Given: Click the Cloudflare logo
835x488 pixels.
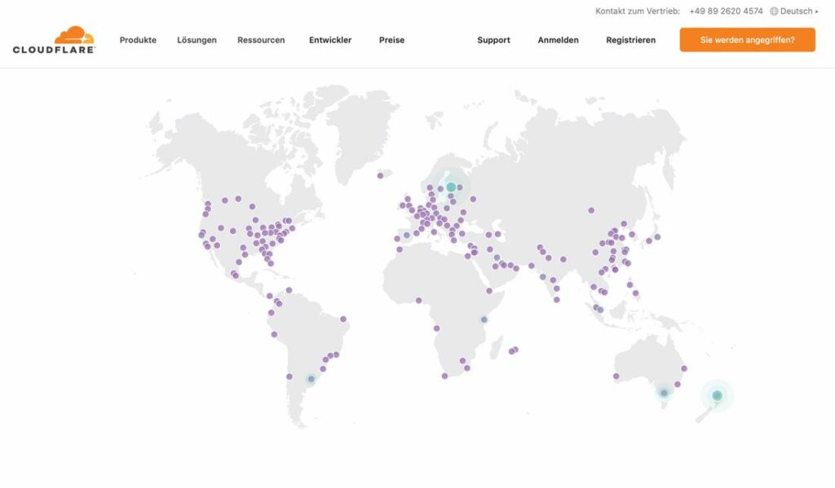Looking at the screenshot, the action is coord(55,40).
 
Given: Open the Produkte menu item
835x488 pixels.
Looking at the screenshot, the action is coord(138,40).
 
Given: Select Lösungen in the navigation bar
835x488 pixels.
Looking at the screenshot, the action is coord(197,40).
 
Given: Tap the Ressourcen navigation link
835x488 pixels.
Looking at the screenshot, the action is coord(261,40).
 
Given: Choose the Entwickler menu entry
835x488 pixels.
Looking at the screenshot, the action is coord(330,40).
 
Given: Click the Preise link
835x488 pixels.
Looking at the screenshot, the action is coord(391,40).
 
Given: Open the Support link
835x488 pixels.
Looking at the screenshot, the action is coord(493,40).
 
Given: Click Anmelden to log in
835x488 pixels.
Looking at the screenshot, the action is coord(558,40).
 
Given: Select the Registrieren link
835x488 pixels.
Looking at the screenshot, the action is coord(630,40).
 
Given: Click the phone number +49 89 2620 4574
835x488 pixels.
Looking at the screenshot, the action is coord(726,11).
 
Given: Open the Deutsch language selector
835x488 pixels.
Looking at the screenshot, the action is coord(793,11).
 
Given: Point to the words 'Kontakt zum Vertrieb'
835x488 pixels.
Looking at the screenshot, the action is coord(638,11).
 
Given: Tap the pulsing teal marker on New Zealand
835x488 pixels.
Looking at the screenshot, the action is coord(717,396).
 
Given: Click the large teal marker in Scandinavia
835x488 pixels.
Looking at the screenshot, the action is coord(451,187).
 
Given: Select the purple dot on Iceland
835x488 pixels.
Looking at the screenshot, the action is coord(380,175).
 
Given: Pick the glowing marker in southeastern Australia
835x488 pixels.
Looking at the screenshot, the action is coord(664,393).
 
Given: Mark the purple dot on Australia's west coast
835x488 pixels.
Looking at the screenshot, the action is coord(616,376).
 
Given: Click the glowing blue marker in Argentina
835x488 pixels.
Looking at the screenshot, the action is coord(311,379).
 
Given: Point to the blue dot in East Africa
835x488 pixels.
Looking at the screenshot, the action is coord(484,319).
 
